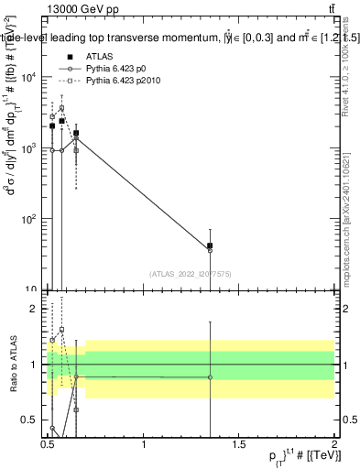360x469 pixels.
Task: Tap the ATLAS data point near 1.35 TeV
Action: (x=210, y=245)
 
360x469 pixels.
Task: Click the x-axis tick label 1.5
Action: (x=239, y=443)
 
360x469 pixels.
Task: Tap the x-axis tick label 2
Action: (x=334, y=443)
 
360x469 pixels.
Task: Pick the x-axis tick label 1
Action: (x=144, y=443)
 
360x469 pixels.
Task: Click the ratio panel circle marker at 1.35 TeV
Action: (x=210, y=377)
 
